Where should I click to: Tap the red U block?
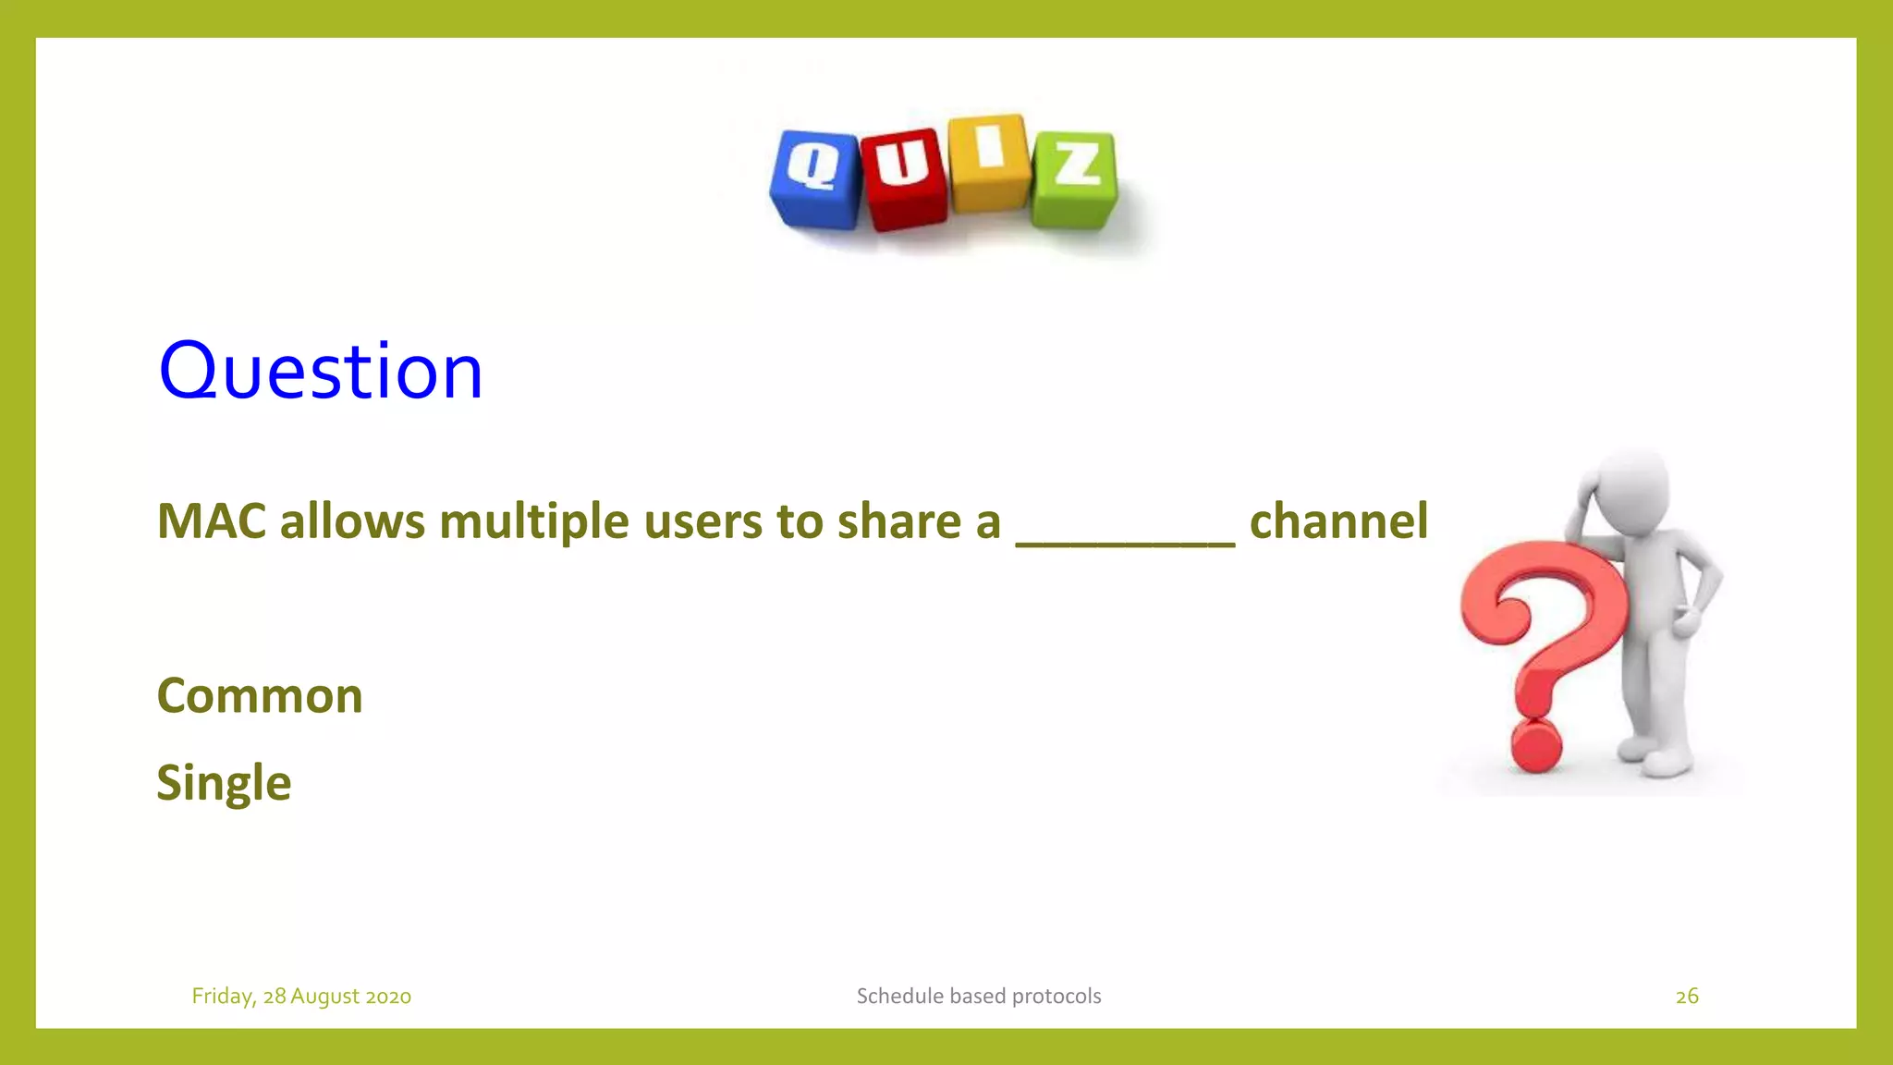point(904,177)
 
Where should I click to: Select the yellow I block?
point(989,163)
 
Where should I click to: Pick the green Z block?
point(1075,178)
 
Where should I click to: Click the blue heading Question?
point(320,371)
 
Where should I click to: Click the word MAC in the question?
point(212,520)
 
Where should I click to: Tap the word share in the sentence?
point(898,520)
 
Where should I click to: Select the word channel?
point(1337,520)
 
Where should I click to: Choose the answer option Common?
point(260,695)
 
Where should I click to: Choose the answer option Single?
point(224,783)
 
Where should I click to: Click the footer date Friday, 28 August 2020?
point(301,996)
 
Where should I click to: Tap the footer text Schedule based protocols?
point(978,996)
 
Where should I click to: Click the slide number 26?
point(1686,996)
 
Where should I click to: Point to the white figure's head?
point(1632,489)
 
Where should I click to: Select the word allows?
point(352,520)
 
